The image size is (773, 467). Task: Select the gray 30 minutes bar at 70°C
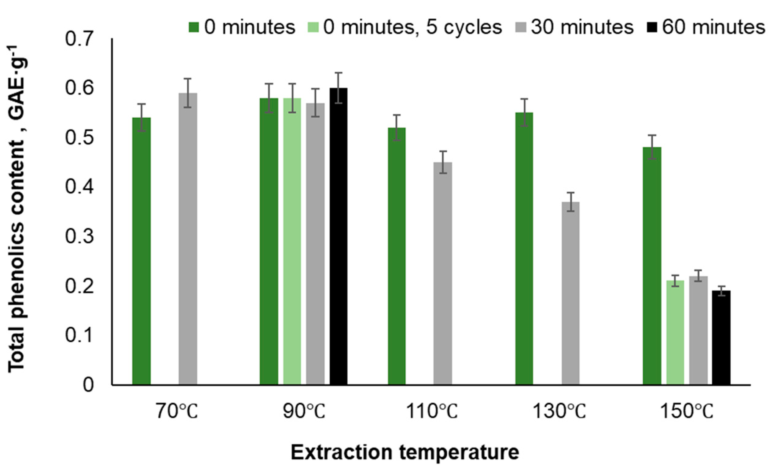coord(188,238)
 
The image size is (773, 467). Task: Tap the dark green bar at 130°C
coord(524,248)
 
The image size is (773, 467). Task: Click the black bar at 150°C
coord(721,337)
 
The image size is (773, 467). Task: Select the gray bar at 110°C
coord(443,273)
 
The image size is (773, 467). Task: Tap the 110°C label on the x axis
coord(432,411)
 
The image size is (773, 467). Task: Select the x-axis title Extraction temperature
coord(405,452)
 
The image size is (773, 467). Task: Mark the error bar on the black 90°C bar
coord(338,88)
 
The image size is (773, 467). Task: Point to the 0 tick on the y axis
coord(89,384)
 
